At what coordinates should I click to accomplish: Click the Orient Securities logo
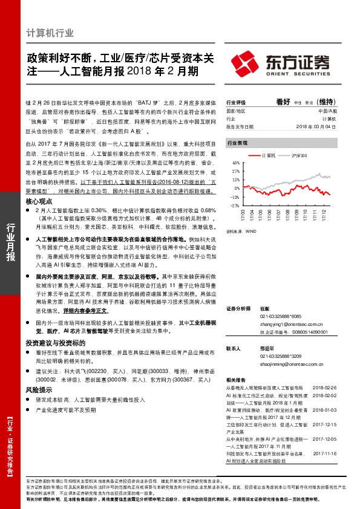click(281, 63)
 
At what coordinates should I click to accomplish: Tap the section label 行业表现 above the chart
click(237, 143)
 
